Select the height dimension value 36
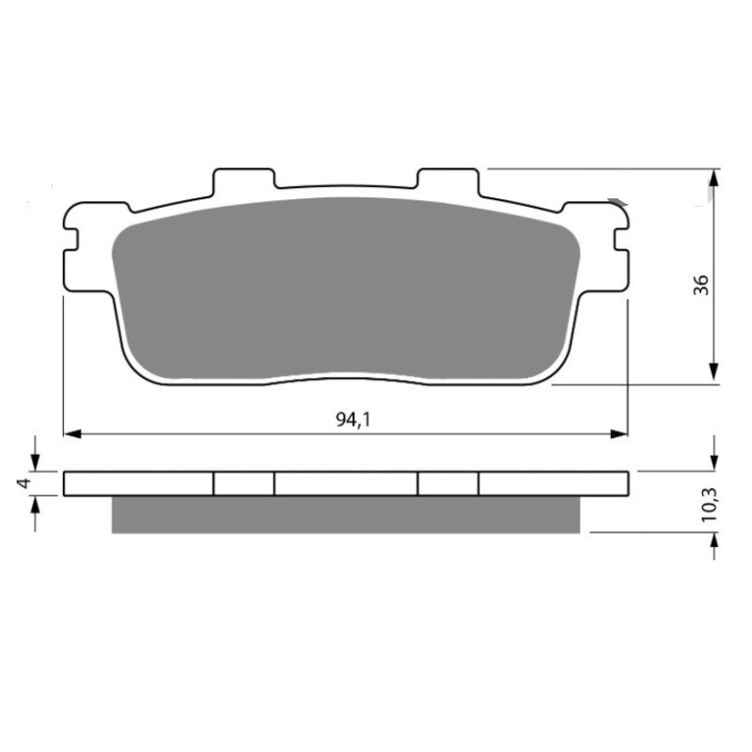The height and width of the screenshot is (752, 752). [701, 285]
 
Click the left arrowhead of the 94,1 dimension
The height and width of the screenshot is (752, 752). [70, 434]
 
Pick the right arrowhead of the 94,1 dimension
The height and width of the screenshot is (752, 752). [619, 434]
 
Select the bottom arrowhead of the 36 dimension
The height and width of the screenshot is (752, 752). [715, 373]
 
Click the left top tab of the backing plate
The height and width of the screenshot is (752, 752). [243, 179]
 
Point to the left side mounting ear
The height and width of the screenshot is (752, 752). [73, 249]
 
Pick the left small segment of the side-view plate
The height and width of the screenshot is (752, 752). [243, 482]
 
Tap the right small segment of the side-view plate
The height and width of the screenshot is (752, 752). [447, 482]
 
